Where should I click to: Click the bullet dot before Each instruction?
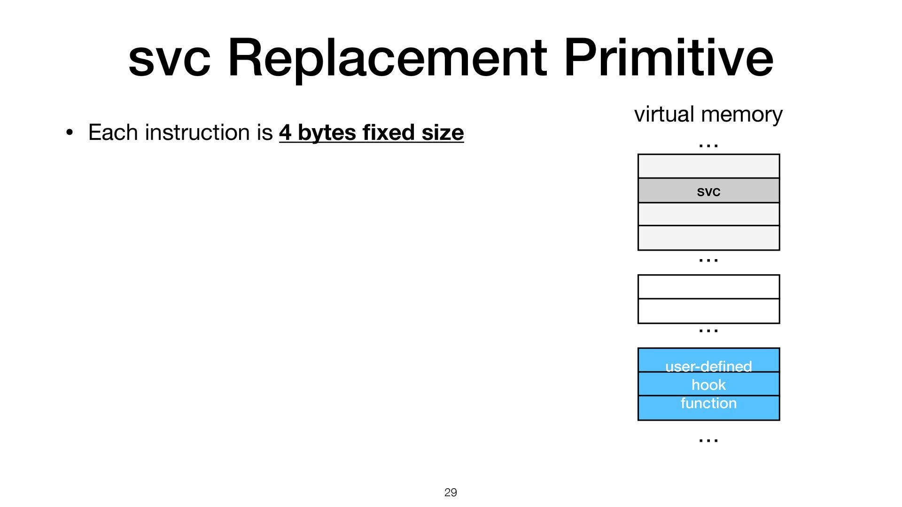pos(70,133)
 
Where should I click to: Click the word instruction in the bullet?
pos(198,132)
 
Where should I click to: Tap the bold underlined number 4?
pos(285,132)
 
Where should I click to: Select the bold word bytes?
pos(327,133)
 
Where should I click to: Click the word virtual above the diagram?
pos(664,114)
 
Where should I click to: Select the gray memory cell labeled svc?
pos(708,191)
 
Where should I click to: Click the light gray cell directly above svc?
pos(708,166)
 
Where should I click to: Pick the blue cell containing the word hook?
pos(708,384)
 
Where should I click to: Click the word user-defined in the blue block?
pos(708,366)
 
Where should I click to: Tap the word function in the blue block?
pos(708,403)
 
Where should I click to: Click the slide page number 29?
pos(451,492)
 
